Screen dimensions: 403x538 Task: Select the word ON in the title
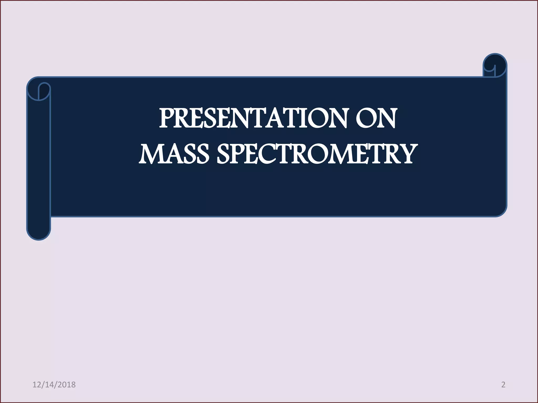[375, 119]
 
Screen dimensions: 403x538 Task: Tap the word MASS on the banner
[174, 154]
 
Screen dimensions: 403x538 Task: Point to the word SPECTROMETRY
[317, 154]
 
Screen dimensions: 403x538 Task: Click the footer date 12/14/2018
[54, 385]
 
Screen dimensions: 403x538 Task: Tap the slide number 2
[503, 385]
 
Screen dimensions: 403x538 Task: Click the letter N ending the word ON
[386, 119]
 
